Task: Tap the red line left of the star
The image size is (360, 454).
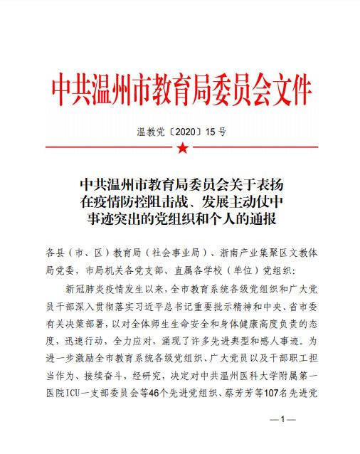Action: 107,148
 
